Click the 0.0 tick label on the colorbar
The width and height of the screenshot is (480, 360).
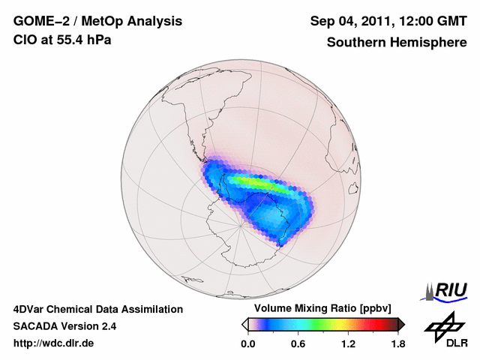click(x=247, y=344)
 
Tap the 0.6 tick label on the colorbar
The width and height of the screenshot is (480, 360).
click(x=298, y=344)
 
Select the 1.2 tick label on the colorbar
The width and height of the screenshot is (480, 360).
click(x=347, y=344)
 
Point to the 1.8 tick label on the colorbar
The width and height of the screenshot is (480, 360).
click(x=397, y=344)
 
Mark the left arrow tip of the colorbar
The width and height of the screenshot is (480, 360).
click(x=244, y=324)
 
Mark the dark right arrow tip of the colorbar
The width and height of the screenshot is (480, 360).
click(x=401, y=324)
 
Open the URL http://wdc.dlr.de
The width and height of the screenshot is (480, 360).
click(x=54, y=343)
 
